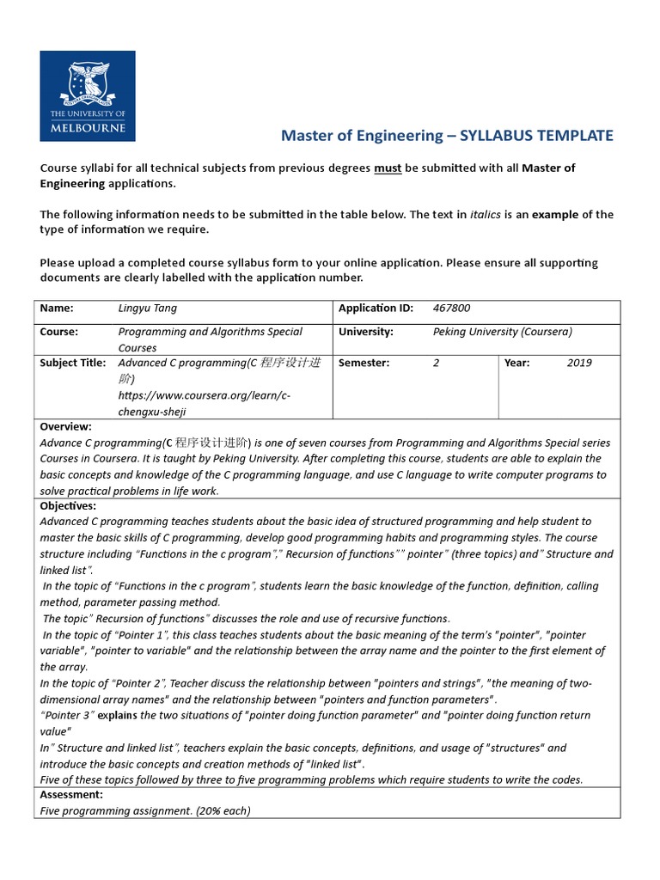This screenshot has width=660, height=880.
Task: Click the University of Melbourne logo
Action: pos(87,95)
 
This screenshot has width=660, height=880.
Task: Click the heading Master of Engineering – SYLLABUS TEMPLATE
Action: pos(448,136)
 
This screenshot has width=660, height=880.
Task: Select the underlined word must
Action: pos(387,168)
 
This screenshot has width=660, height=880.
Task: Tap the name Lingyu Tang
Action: pos(147,309)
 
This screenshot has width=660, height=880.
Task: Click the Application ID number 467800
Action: pos(452,309)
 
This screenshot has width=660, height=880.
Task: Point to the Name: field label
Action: pos(57,309)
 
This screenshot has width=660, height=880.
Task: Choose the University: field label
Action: pos(366,332)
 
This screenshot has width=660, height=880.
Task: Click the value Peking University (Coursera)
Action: pos(503,332)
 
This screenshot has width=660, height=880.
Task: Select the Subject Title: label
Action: pos(73,363)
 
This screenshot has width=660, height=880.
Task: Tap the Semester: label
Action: pos(364,363)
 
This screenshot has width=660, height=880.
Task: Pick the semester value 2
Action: pos(437,363)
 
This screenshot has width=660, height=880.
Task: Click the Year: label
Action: pos(516,363)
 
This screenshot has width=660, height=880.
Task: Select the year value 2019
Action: pos(579,363)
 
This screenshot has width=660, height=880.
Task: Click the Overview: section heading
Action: pos(66,426)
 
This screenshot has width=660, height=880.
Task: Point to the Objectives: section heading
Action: pos(69,506)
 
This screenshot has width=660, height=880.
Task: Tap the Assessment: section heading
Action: pos(71,795)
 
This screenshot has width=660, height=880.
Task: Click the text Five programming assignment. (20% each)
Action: pos(145,810)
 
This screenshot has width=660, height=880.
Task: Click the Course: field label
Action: pos(59,332)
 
